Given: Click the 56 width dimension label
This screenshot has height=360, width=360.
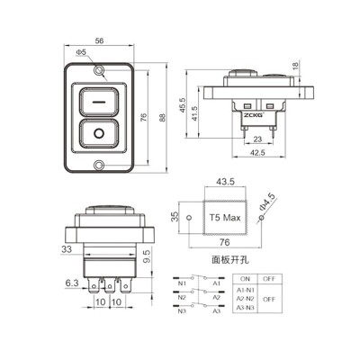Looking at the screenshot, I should pyautogui.click(x=98, y=41).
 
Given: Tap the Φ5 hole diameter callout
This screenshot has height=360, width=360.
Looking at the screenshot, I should pyautogui.click(x=81, y=53).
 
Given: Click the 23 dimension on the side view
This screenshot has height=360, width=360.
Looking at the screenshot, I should pyautogui.click(x=256, y=139).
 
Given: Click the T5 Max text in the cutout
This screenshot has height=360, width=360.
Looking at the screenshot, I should pyautogui.click(x=224, y=218).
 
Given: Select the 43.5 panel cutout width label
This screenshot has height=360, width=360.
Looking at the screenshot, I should pyautogui.click(x=225, y=183).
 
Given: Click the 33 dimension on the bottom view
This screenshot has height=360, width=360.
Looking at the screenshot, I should pyautogui.click(x=67, y=249).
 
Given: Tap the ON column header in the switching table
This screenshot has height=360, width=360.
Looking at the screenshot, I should pyautogui.click(x=244, y=279).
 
